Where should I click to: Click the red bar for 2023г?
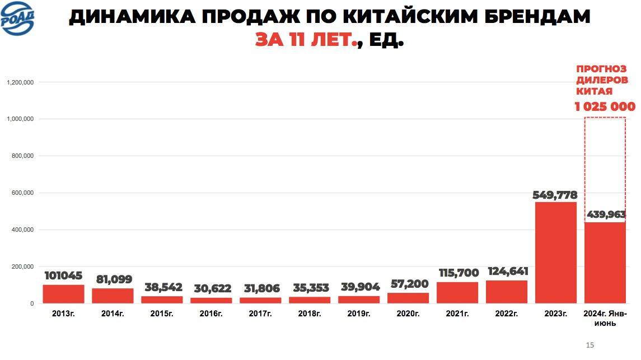pyautogui.click(x=555, y=253)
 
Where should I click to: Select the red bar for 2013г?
pyautogui.click(x=63, y=294)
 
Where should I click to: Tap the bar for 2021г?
pyautogui.click(x=457, y=292)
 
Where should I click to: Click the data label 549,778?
pyautogui.click(x=555, y=195)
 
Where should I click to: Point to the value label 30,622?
pyautogui.click(x=212, y=289)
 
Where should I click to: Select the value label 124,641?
pyautogui.click(x=508, y=272)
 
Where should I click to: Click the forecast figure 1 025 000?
pyautogui.click(x=605, y=106)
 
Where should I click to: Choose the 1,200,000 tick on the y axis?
pyautogui.click(x=21, y=82)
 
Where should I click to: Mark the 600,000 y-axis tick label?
pyautogui.click(x=22, y=193)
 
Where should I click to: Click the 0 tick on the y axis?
pyautogui.click(x=32, y=303)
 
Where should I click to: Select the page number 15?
pyautogui.click(x=589, y=345)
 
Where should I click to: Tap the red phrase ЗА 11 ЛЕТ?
pyautogui.click(x=306, y=40)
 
